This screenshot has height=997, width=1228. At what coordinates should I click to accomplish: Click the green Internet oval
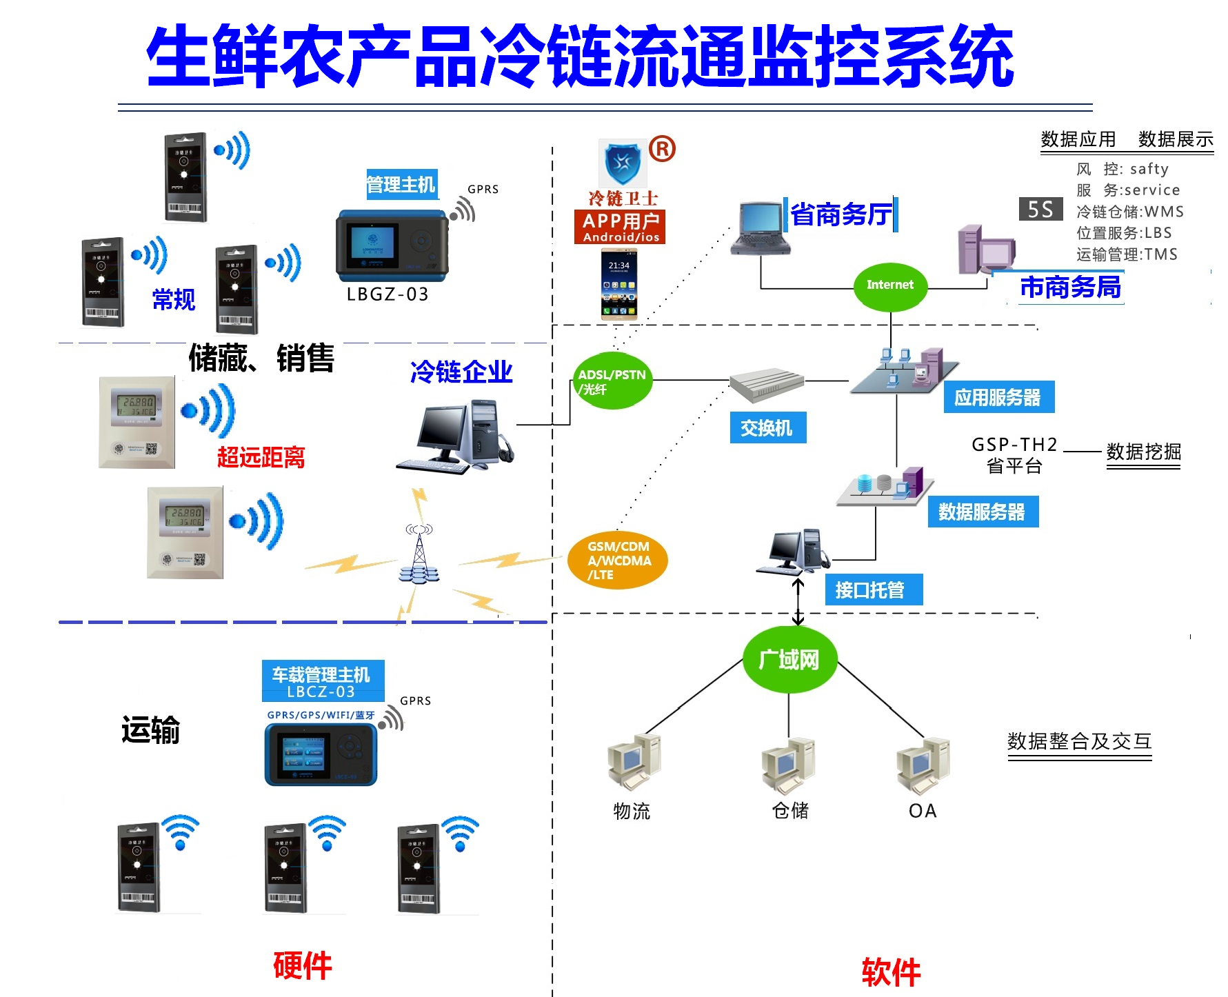(889, 285)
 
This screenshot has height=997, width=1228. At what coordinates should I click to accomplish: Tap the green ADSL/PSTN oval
(612, 381)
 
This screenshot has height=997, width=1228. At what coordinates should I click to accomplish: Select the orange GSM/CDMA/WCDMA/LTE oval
(618, 560)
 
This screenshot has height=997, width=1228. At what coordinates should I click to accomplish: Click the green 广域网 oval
(789, 660)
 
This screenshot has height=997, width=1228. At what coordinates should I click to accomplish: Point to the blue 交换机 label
(767, 428)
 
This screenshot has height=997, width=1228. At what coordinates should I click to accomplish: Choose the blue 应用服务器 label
(998, 397)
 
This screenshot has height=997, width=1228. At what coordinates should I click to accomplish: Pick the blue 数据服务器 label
(982, 512)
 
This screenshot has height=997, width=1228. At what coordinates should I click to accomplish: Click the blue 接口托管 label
(872, 590)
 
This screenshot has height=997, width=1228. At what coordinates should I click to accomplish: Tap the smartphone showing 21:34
(618, 285)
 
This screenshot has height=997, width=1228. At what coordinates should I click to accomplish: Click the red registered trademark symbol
(662, 149)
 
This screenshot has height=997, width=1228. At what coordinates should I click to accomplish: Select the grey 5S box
(1040, 209)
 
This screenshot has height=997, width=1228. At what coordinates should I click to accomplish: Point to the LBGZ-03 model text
(387, 294)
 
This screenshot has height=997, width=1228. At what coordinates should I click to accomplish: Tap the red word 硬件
(303, 965)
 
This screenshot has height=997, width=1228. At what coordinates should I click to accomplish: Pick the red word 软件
(891, 972)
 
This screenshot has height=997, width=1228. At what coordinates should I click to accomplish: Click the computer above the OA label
(923, 764)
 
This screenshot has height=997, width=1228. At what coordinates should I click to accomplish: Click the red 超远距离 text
(261, 456)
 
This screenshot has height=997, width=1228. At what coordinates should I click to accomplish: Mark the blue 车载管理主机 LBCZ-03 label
(323, 681)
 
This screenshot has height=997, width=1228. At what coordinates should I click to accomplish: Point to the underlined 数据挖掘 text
(1143, 452)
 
